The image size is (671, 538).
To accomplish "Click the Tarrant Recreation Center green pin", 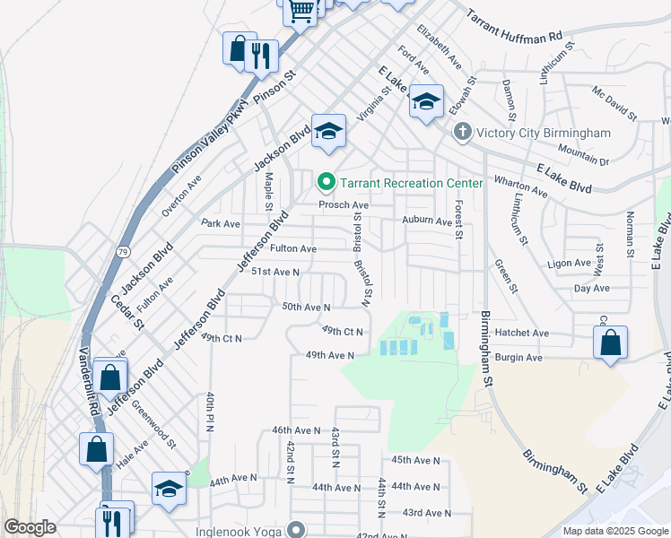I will [325, 183].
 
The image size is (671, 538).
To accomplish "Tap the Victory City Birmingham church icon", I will [462, 133].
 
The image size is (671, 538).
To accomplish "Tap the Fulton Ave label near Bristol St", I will [294, 248].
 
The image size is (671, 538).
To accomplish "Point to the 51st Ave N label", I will [274, 271].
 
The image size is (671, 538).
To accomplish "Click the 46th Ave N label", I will [296, 430].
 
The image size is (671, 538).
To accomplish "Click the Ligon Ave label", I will [565, 265].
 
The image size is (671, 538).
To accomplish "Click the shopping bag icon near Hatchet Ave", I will [610, 343].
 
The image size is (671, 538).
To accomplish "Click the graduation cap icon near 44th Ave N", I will [168, 489].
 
